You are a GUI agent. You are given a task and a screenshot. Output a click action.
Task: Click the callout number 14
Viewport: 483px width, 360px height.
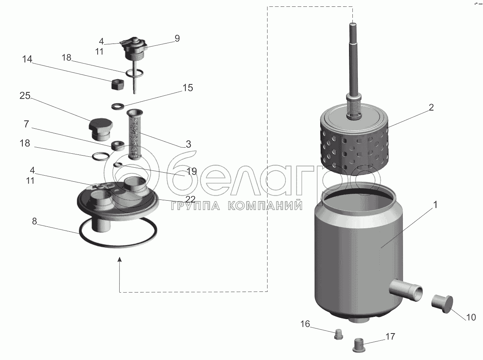(27, 59)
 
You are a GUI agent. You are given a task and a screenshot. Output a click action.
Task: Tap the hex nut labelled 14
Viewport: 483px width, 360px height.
(117, 84)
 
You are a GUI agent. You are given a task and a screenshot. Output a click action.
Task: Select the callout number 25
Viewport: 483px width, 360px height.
(25, 96)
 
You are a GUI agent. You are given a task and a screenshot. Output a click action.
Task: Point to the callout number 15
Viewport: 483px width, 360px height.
(188, 88)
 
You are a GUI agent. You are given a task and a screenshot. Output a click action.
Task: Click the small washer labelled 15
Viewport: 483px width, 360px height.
(118, 106)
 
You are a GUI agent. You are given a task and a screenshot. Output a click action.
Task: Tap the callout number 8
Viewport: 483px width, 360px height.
(34, 221)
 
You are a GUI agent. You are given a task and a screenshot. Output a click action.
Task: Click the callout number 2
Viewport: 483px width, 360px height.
(431, 108)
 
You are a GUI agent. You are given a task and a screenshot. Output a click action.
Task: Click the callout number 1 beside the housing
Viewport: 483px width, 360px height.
(435, 205)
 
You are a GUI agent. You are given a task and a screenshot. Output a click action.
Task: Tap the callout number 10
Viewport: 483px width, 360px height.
(471, 317)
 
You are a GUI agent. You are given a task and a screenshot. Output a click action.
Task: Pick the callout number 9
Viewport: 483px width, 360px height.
(177, 39)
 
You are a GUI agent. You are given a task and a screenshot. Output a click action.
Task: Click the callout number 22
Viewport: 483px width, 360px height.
(190, 199)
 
